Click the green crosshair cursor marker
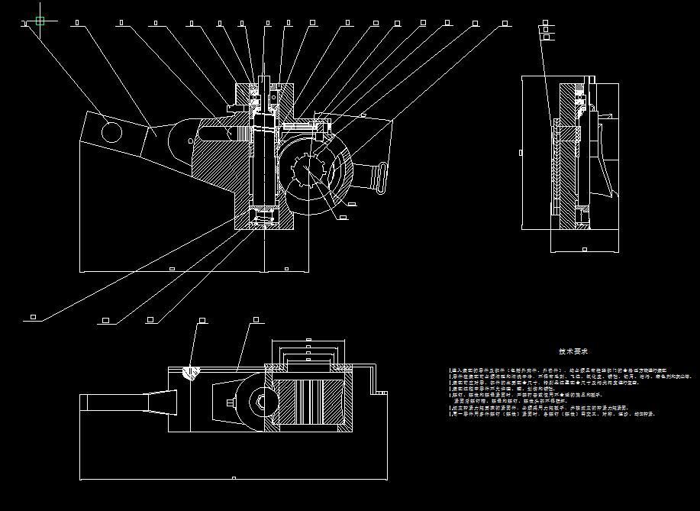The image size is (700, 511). click(40, 21)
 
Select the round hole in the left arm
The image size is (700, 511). click(110, 132)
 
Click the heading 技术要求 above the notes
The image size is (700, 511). click(573, 352)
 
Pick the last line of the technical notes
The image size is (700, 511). click(553, 413)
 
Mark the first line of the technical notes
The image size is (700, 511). click(557, 370)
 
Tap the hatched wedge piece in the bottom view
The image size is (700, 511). click(193, 372)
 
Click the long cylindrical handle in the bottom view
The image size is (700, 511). click(126, 401)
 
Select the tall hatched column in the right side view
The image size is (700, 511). click(567, 157)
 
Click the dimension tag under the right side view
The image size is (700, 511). click(585, 249)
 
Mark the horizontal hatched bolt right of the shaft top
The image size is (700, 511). click(298, 122)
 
